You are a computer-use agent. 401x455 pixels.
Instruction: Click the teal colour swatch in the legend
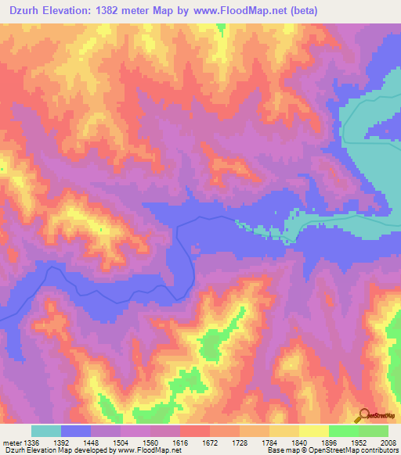[46, 431]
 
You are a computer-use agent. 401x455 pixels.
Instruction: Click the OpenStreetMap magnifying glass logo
[362, 415]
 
